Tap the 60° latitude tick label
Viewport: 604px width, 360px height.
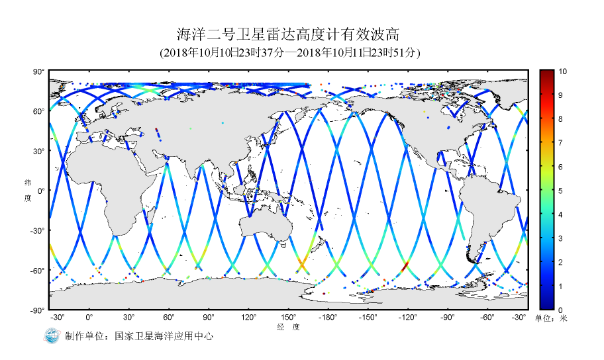coord(39,111)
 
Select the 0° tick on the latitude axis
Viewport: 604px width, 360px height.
coord(41,191)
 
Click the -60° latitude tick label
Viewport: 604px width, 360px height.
coord(38,270)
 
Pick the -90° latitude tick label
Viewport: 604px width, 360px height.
coord(38,310)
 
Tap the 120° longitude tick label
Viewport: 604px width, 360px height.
coord(248,318)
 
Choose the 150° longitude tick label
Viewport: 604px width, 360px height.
coord(288,318)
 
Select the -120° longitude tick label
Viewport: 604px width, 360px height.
coord(407,318)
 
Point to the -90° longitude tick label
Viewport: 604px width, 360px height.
coord(447,318)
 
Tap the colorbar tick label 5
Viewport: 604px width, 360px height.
coord(560,191)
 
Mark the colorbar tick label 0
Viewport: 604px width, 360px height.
coord(560,310)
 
